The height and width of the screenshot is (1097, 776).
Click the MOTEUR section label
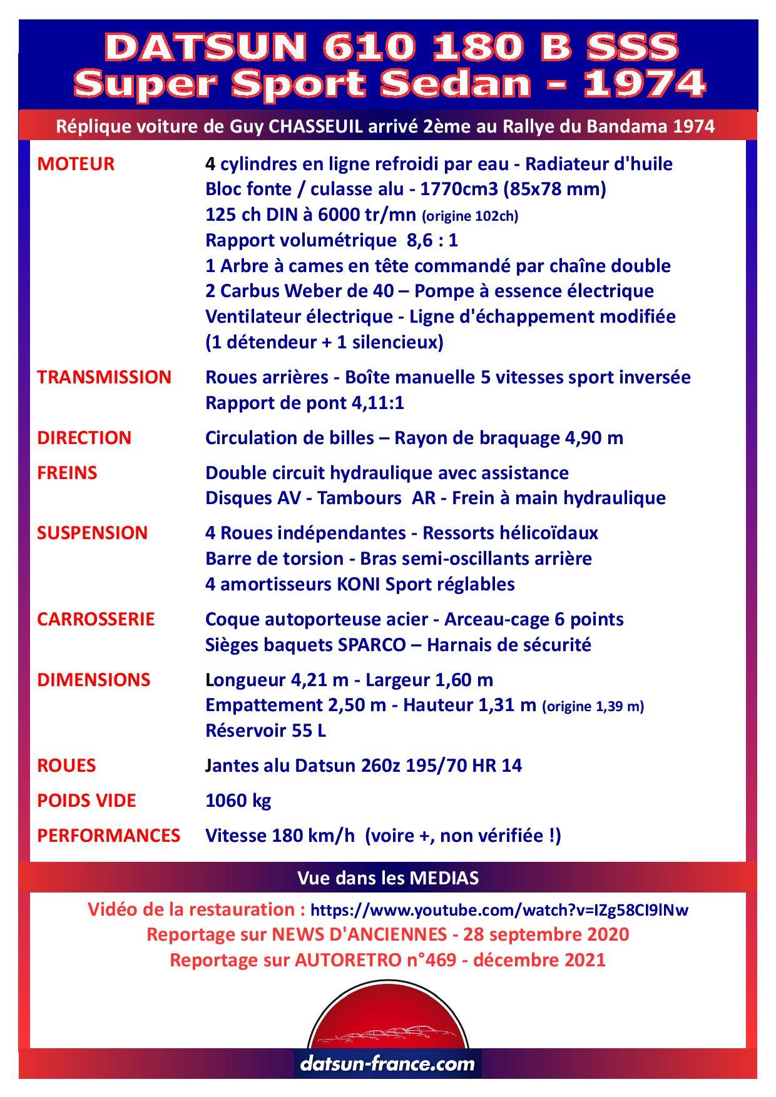(x=76, y=164)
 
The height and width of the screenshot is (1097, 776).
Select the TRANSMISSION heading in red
(x=104, y=377)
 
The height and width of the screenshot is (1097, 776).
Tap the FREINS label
(x=67, y=473)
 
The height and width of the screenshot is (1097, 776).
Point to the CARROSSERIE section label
(x=95, y=619)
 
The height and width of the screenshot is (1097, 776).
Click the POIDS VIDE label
(x=86, y=801)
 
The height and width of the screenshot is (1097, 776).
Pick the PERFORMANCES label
(x=108, y=836)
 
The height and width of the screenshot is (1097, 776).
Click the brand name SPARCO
(x=372, y=645)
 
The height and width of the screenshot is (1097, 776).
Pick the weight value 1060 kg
(x=238, y=801)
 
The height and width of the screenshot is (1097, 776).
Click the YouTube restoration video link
(x=499, y=910)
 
